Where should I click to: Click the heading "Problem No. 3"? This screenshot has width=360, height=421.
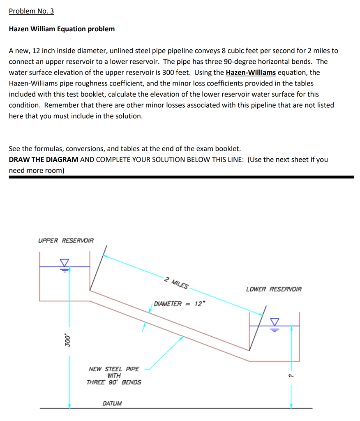(x=31, y=11)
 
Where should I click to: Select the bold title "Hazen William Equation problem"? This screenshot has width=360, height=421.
(x=62, y=29)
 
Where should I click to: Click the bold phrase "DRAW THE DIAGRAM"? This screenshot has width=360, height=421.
(x=44, y=160)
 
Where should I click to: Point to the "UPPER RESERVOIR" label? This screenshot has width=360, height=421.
(x=66, y=241)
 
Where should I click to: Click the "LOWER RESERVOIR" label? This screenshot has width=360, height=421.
(x=273, y=289)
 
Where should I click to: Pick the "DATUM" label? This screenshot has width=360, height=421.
(x=112, y=403)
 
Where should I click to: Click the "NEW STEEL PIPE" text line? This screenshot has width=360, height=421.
(x=114, y=369)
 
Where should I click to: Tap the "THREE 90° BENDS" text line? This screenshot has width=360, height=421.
(x=114, y=382)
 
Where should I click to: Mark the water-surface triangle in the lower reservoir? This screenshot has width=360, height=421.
(x=274, y=321)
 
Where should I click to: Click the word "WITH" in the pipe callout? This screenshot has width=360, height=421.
(x=114, y=376)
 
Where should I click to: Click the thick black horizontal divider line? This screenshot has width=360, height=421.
(x=181, y=177)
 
